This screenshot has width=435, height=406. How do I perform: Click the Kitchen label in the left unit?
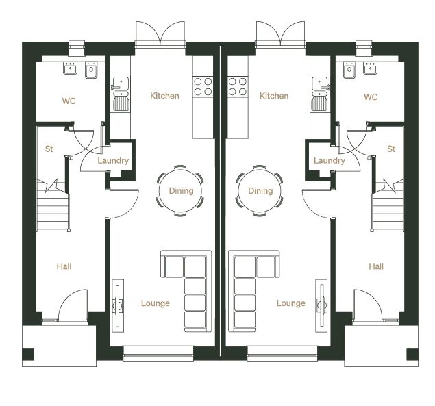[164, 96]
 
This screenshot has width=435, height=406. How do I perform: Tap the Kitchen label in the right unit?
[274, 96]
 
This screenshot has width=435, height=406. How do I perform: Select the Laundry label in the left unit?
[113, 161]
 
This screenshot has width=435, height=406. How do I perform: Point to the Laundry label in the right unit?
[330, 161]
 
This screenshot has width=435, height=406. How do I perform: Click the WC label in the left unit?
[69, 101]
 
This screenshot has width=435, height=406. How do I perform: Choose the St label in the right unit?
[391, 149]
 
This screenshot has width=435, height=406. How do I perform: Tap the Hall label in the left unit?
[64, 266]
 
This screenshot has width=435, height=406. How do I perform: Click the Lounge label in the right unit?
[291, 303]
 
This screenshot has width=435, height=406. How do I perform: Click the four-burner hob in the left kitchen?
[203, 86]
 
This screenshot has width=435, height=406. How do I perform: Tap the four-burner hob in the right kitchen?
[238, 86]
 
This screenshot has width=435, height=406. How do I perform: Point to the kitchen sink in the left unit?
[121, 94]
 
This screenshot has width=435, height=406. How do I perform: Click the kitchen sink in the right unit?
[321, 94]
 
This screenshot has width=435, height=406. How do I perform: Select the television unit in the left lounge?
[118, 305]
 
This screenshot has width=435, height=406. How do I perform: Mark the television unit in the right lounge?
[321, 305]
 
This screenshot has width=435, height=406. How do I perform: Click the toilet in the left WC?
[91, 70]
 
